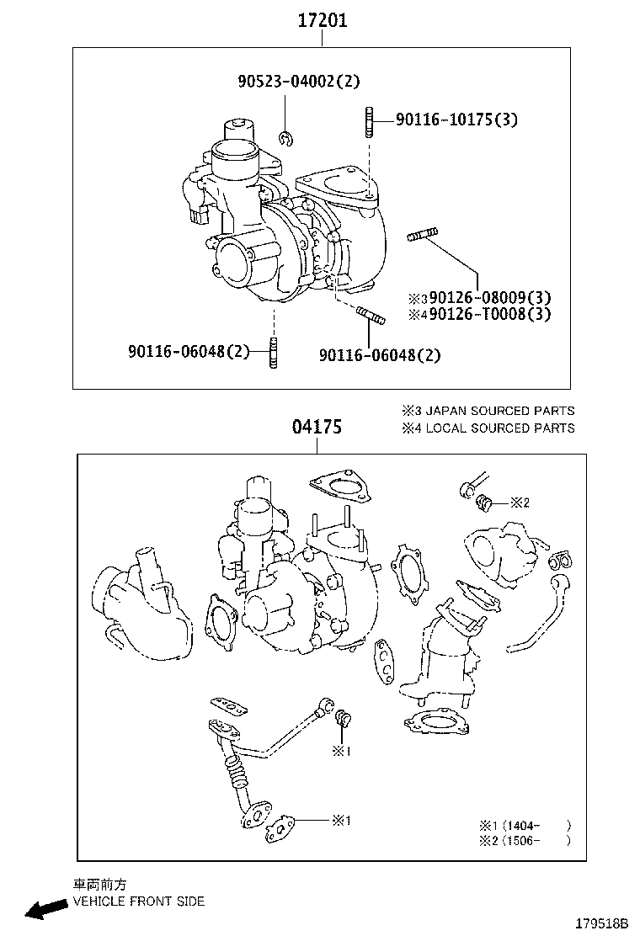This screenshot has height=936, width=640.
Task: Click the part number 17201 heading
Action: click(x=322, y=21)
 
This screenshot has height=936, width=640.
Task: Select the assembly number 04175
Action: click(x=317, y=428)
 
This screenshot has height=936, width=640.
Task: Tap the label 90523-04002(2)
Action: click(x=298, y=82)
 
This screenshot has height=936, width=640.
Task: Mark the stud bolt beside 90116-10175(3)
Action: click(x=370, y=121)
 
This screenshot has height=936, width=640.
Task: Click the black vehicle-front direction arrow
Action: click(x=45, y=908)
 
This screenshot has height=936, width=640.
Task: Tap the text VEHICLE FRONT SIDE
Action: click(x=139, y=901)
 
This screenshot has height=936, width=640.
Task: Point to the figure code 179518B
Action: click(x=602, y=923)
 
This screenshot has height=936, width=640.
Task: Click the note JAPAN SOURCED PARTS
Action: click(x=488, y=411)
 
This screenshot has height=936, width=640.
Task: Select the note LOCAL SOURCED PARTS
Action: click(x=488, y=428)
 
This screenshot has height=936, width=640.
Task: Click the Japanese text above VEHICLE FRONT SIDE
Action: click(x=99, y=885)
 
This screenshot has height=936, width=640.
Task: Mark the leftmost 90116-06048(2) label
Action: click(x=189, y=351)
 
